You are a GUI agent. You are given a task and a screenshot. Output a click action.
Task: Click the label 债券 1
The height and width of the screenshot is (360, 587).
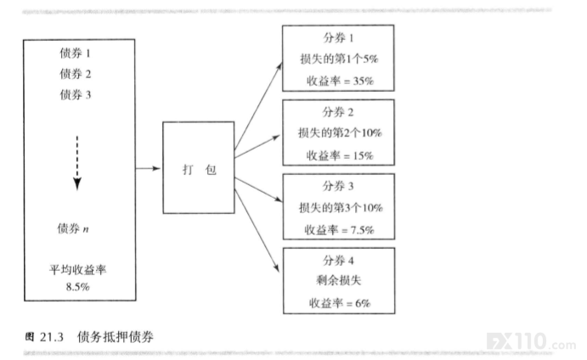click(75, 53)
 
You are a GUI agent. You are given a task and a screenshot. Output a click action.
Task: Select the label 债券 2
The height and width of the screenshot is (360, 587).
click(75, 74)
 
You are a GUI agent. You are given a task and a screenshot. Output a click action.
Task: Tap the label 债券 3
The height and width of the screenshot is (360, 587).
click(75, 94)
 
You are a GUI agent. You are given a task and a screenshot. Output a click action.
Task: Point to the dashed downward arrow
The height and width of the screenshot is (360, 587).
click(77, 163)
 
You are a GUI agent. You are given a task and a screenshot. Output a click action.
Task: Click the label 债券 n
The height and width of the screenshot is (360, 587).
click(72, 228)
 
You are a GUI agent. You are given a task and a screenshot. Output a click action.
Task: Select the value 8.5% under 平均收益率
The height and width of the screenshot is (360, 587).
click(78, 287)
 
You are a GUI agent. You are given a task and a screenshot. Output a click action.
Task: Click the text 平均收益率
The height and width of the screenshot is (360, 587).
click(78, 269)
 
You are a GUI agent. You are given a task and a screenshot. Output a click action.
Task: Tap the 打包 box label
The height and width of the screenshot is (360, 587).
click(199, 170)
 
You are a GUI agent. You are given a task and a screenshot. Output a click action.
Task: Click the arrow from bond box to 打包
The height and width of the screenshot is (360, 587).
click(148, 168)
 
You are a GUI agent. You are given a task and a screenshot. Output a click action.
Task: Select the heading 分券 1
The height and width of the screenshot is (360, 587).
click(338, 38)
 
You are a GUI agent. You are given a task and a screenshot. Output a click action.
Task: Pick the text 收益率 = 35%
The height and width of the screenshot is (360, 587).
click(340, 81)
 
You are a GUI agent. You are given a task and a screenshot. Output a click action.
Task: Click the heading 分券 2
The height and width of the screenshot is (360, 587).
click(338, 112)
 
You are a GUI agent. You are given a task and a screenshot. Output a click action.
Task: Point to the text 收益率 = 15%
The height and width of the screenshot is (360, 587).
click(340, 155)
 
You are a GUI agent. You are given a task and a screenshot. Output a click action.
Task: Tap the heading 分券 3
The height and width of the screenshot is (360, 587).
click(338, 186)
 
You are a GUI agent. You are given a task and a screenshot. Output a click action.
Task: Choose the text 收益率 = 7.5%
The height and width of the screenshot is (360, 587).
click(340, 229)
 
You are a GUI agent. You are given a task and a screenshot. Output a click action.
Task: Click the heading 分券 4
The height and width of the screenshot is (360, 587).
click(338, 260)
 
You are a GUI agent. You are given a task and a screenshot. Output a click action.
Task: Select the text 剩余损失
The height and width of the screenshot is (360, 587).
click(338, 280)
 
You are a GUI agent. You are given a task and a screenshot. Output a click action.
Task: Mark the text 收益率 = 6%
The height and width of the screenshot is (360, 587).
click(340, 303)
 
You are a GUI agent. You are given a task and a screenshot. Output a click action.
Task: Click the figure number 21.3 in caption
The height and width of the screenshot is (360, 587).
click(52, 337)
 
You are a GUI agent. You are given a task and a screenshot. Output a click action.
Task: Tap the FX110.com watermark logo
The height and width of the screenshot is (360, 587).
click(531, 341)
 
